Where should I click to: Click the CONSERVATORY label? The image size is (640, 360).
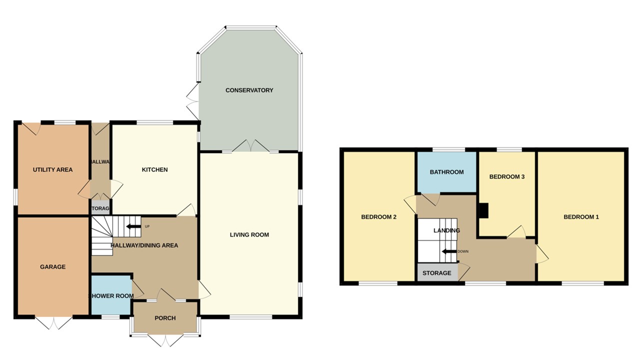[x=249, y=90]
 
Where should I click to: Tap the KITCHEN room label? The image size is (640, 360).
[x=154, y=170]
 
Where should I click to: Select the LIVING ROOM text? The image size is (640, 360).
[x=249, y=234]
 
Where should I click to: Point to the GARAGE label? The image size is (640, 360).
[x=52, y=267]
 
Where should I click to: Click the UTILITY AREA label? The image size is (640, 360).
[x=52, y=170]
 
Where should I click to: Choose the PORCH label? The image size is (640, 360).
[x=165, y=318]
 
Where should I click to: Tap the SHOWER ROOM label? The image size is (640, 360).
[x=111, y=296]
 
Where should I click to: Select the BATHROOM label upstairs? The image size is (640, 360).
[x=446, y=172]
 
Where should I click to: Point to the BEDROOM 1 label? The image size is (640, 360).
[x=581, y=217]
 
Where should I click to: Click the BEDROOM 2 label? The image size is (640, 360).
[x=378, y=217]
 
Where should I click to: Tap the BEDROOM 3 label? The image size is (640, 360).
[x=506, y=177]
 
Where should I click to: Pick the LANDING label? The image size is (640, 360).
[x=446, y=230]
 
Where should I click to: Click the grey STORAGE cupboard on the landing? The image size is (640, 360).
[x=437, y=273]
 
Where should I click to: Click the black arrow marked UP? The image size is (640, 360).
[x=133, y=226]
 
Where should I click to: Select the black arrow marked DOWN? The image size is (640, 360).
[x=448, y=251]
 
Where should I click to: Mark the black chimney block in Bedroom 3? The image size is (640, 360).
[x=483, y=210]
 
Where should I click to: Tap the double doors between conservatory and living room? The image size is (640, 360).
[x=249, y=146]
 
